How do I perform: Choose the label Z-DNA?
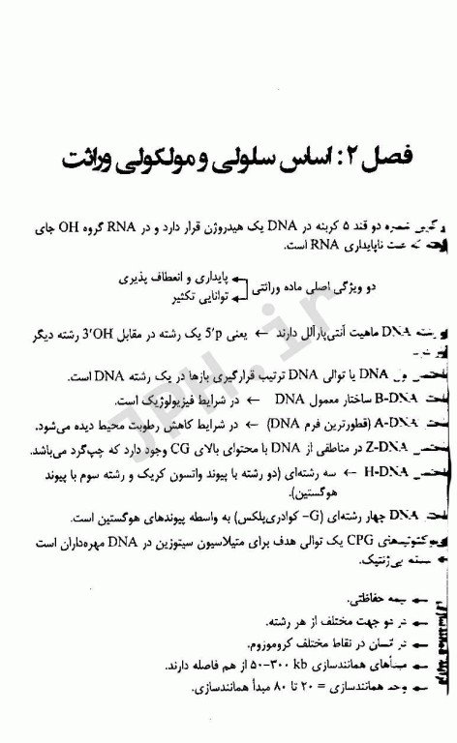(x=394, y=450)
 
